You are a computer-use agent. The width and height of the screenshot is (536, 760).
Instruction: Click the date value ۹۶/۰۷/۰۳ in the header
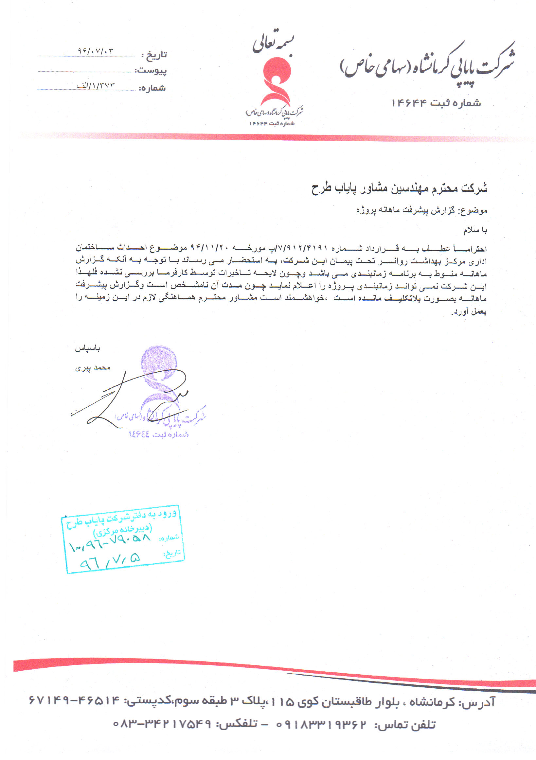pyautogui.click(x=95, y=51)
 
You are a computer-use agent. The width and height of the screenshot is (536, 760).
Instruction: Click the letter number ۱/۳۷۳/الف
pyautogui.click(x=96, y=86)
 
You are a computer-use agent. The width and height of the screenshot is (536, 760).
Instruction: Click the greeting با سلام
pyautogui.click(x=475, y=230)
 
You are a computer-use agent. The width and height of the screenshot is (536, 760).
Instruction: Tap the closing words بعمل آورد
pyautogui.click(x=469, y=312)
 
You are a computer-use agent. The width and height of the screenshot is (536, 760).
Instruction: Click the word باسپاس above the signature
pyautogui.click(x=87, y=348)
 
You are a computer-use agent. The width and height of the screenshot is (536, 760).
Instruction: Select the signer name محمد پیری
pyautogui.click(x=93, y=368)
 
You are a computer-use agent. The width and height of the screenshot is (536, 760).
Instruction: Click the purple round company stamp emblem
pyautogui.click(x=159, y=364)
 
